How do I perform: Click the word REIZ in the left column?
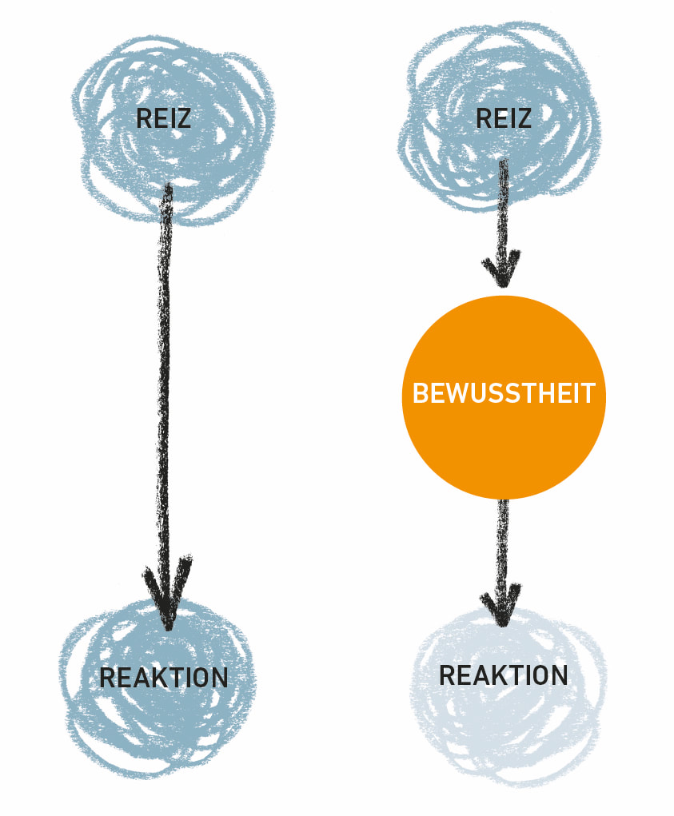pyautogui.click(x=163, y=119)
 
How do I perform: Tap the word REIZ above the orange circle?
pyautogui.click(x=503, y=119)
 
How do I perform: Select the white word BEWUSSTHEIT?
pyautogui.click(x=504, y=394)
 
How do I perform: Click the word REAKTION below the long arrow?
pyautogui.click(x=163, y=678)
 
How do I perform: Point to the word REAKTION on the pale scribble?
pyautogui.click(x=503, y=675)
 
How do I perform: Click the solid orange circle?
pyautogui.click(x=504, y=448)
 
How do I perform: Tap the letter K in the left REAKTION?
pyautogui.click(x=151, y=678)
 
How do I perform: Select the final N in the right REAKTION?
pyautogui.click(x=559, y=675)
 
